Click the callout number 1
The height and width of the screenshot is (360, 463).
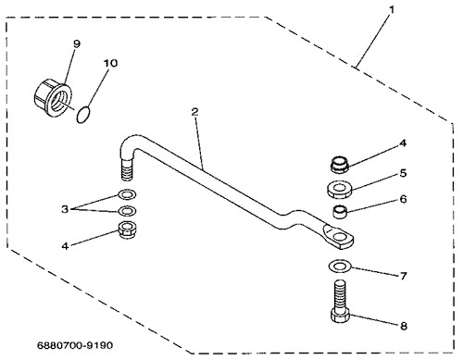point(392,10)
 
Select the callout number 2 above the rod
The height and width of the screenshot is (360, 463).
point(194,112)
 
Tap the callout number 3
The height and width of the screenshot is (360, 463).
point(65,209)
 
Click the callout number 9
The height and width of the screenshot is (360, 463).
point(77,43)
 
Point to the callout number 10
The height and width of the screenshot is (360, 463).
point(110,63)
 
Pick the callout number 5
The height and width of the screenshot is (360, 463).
point(403,173)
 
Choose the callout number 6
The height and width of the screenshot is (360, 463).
point(403,199)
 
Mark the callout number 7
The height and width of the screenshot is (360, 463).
point(403,276)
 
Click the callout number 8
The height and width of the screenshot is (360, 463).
point(404,326)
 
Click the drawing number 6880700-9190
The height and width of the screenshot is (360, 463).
point(75,345)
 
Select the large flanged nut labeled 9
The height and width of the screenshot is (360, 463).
point(53,98)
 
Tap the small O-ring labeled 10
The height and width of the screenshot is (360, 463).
point(83,115)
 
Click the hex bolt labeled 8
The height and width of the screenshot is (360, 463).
point(340,301)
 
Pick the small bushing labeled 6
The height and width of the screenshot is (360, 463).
point(340,212)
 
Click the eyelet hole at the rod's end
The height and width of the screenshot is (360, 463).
point(340,237)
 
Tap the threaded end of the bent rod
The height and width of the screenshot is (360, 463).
point(127,169)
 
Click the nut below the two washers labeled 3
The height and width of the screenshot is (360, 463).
point(127,230)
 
